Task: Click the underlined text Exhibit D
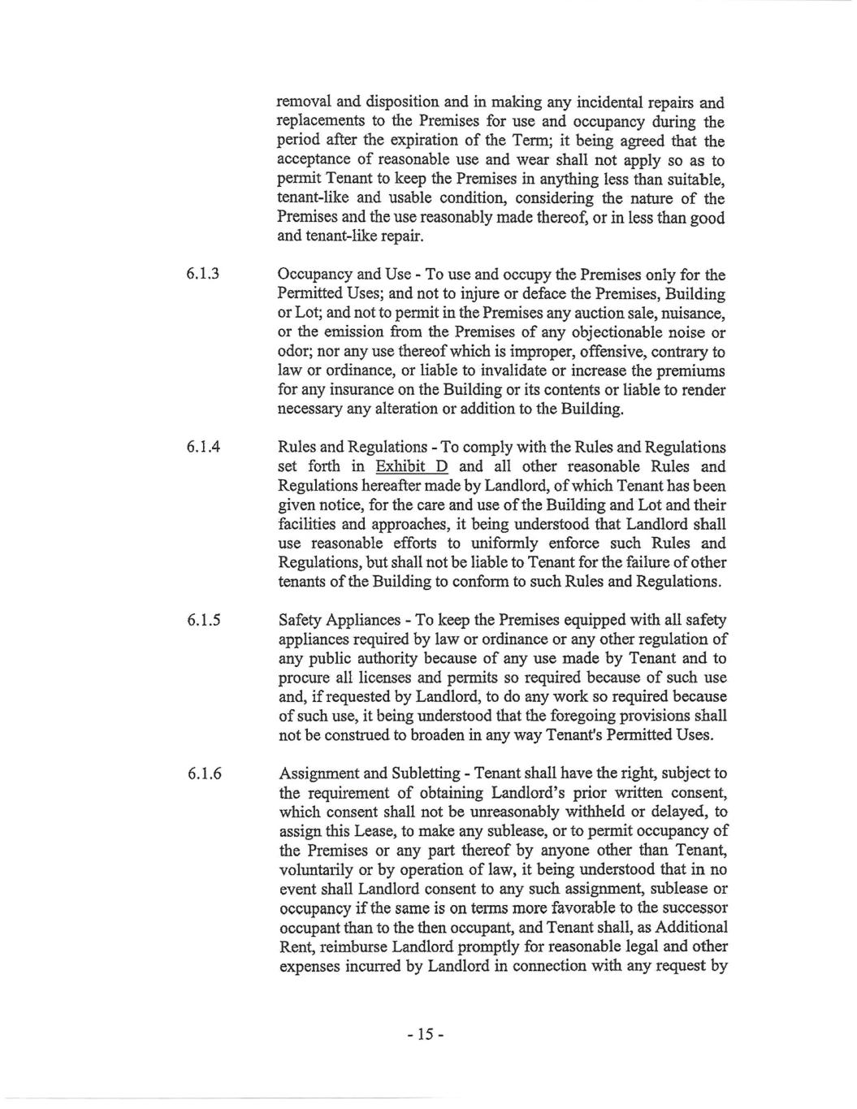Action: point(412,467)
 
